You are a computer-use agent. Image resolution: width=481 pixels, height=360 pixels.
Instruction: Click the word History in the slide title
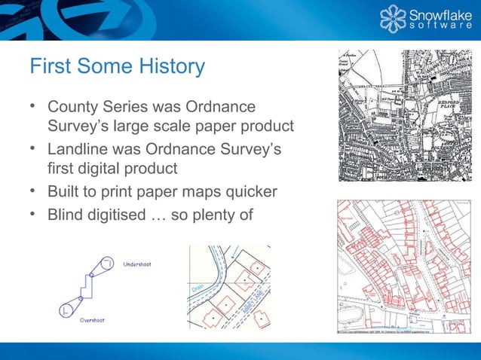click(x=170, y=66)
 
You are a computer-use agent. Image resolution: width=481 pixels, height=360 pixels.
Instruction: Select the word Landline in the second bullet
click(x=78, y=150)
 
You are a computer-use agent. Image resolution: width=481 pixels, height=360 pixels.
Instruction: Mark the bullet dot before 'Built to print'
click(x=34, y=192)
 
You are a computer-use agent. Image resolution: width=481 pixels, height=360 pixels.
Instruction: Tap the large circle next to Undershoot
click(x=107, y=263)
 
